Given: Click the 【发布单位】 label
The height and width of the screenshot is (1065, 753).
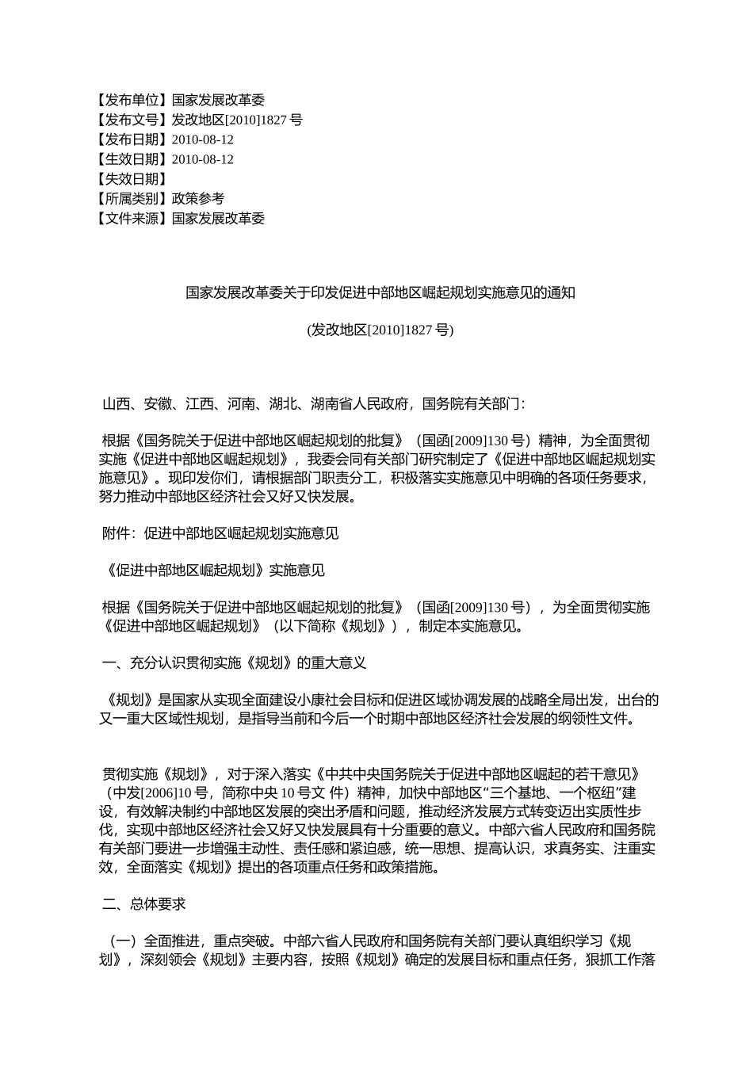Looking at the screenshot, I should pos(131,100).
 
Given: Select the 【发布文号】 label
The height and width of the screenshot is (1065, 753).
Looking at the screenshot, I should pos(131,120).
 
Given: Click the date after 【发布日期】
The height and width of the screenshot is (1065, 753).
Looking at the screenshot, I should pos(203,139).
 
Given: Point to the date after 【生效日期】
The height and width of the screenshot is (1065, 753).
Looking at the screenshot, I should pos(203,159).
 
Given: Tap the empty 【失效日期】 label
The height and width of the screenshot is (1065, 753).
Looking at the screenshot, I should pos(131,179).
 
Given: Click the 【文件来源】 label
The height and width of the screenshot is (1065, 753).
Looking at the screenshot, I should pos(131,219).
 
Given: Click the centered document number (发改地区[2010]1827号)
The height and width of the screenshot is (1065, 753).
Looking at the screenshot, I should pos(380,330).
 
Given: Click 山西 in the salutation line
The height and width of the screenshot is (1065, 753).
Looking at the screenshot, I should pos(116,404).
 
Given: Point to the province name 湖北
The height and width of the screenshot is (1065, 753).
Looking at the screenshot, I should pos(281,404).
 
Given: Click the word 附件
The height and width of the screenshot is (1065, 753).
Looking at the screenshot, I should pos(116,533).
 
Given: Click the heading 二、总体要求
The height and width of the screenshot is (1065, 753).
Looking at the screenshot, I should pos(144,904).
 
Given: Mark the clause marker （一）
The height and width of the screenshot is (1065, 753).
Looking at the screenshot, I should pos(123,941).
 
